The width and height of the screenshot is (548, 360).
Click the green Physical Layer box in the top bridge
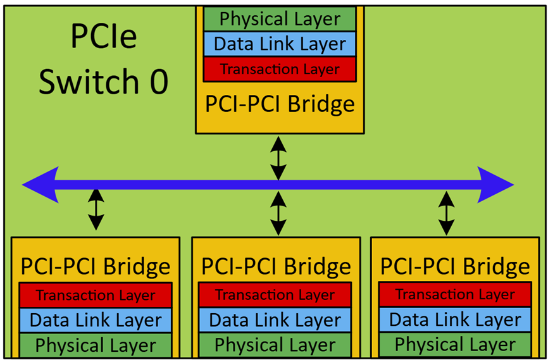[x=280, y=19]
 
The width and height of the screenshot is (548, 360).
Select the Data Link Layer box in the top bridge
[x=280, y=44]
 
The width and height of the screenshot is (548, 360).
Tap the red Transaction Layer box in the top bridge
[x=280, y=69]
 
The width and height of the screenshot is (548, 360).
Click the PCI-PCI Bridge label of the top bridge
[x=280, y=103]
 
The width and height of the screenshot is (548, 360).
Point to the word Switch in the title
[x=85, y=82]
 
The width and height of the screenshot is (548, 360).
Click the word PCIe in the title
[x=103, y=39]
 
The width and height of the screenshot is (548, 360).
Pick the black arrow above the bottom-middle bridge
[x=278, y=213]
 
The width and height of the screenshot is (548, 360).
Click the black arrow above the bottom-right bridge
[x=447, y=213]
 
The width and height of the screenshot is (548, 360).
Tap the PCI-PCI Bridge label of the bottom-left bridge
[x=96, y=266]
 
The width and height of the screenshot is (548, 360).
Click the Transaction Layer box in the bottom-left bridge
[x=96, y=295]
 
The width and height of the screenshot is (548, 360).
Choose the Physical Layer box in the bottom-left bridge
[x=96, y=345]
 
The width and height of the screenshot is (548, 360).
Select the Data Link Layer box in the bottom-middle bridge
[x=275, y=320]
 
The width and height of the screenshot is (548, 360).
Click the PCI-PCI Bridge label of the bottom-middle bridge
[x=275, y=266]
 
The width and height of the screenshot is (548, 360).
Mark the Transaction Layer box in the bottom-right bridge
[x=455, y=295]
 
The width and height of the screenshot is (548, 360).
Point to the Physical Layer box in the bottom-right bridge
[x=455, y=345]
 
